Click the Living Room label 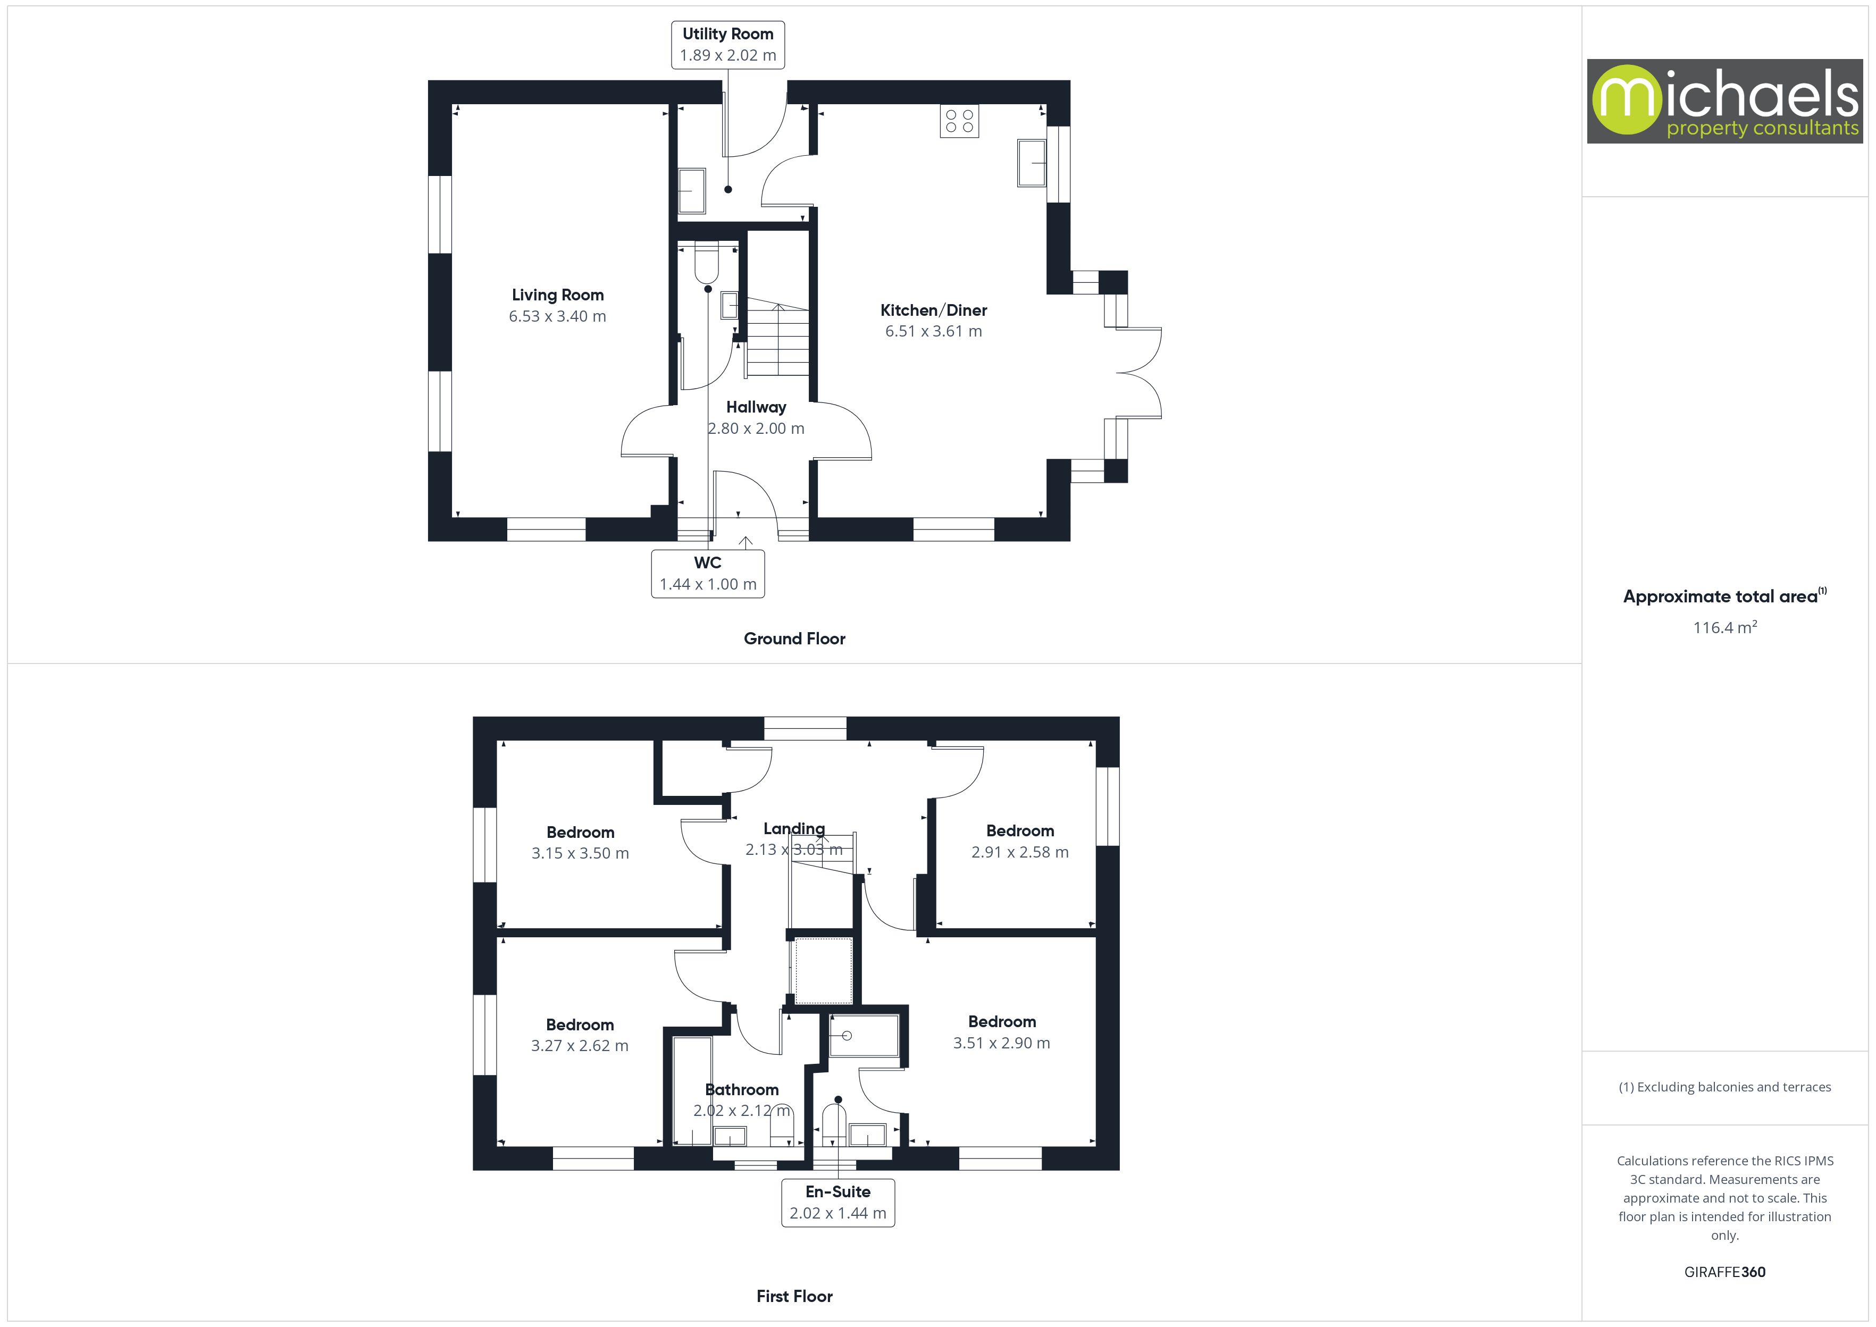(x=557, y=295)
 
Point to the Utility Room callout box (x=727, y=45)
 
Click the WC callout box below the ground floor (x=708, y=574)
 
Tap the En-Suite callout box (x=837, y=1202)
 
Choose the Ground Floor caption (x=794, y=639)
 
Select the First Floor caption (x=794, y=1296)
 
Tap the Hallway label (x=756, y=407)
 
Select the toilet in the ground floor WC (x=706, y=262)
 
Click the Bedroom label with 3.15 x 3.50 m (x=580, y=833)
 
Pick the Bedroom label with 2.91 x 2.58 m (x=1020, y=831)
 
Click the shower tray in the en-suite (x=864, y=1036)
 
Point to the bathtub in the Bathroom (x=692, y=1091)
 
